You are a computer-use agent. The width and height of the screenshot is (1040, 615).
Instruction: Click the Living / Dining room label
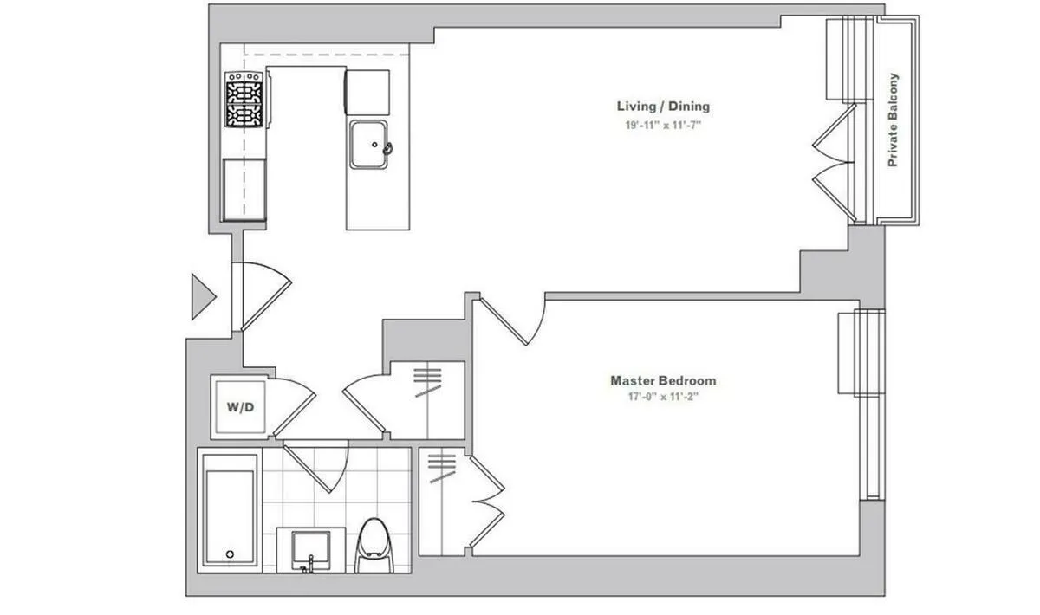(x=663, y=107)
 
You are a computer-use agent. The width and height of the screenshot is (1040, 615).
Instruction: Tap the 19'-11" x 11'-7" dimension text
(x=663, y=125)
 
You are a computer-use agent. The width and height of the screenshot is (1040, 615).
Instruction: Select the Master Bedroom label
(x=663, y=380)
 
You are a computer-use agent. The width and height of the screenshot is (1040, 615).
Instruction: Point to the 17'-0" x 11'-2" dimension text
(x=663, y=398)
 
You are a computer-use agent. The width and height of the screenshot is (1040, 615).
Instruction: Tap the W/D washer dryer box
(x=241, y=405)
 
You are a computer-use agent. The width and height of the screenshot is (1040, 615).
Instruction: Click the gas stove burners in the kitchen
(x=244, y=100)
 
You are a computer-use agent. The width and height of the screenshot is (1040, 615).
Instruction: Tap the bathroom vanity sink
(x=311, y=548)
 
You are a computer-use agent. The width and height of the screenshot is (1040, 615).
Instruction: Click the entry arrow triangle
(x=203, y=296)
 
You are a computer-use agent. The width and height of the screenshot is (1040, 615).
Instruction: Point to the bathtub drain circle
(x=230, y=553)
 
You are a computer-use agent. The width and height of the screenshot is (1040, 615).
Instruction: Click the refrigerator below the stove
(x=244, y=189)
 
